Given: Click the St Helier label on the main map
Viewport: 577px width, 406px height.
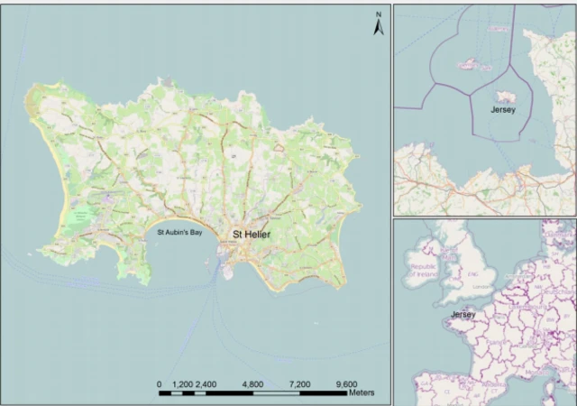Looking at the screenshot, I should click(252, 235).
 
